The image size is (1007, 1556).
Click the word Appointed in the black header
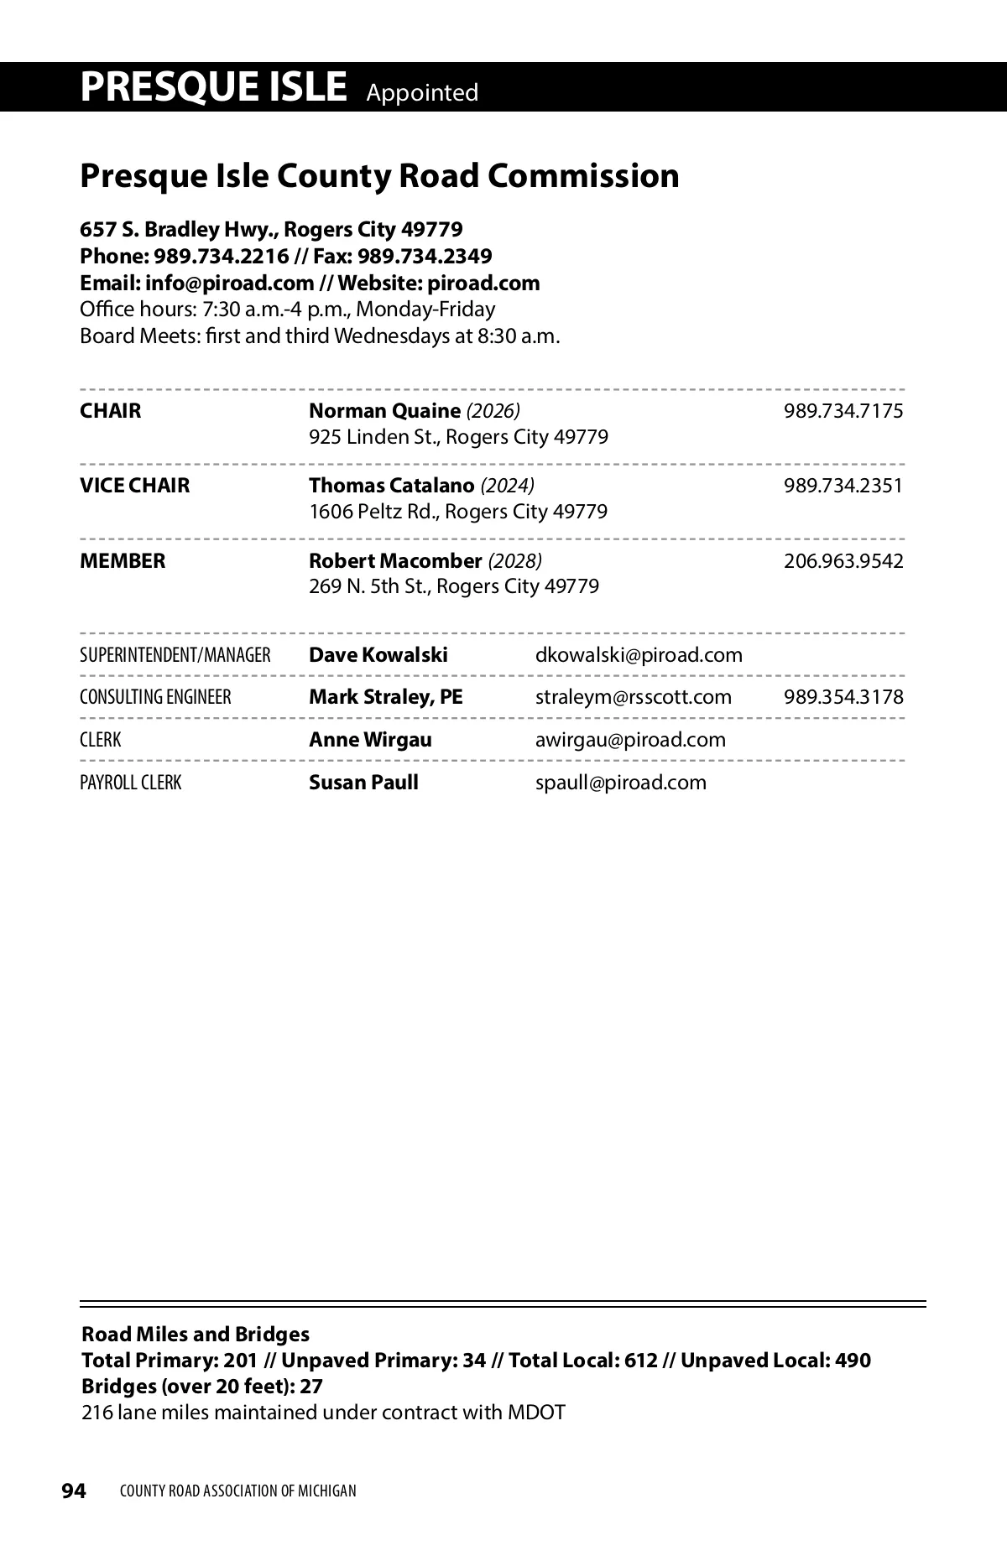(x=422, y=92)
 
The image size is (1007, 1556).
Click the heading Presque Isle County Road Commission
(x=379, y=176)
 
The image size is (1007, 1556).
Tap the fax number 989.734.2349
(x=425, y=256)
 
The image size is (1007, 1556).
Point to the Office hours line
(x=287, y=310)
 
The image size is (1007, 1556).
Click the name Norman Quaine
(x=384, y=411)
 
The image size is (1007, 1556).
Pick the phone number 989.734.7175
(x=843, y=411)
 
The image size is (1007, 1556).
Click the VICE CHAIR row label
(x=134, y=486)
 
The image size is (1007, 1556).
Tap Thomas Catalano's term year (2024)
(x=508, y=486)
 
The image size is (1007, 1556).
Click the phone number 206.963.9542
(x=843, y=561)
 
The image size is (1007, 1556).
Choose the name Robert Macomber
(x=395, y=561)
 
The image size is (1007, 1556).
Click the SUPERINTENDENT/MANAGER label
(x=175, y=655)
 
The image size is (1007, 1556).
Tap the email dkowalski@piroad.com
(x=639, y=655)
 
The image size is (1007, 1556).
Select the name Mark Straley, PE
(x=385, y=697)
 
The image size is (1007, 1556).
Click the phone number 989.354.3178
(x=843, y=697)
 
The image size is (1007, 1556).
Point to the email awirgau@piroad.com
(x=630, y=740)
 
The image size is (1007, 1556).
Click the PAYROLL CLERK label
(x=130, y=783)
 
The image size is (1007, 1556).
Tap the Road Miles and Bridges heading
(x=195, y=1335)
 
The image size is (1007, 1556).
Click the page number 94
(x=74, y=1491)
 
